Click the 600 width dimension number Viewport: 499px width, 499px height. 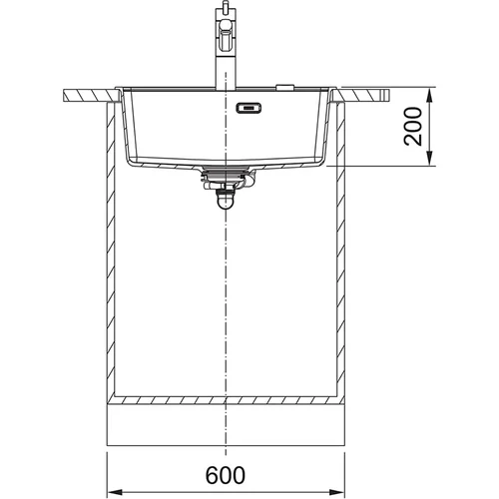tap(226, 475)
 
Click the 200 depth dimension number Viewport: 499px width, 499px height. tap(413, 126)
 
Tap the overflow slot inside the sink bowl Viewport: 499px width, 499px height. tap(249, 109)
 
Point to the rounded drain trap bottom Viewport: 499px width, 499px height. tap(226, 203)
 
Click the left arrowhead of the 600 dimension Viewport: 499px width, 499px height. tap(115, 492)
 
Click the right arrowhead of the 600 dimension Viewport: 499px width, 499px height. tap(336, 492)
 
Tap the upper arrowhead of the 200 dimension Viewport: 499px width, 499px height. tap(430, 96)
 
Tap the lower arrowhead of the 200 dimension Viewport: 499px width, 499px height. tap(430, 158)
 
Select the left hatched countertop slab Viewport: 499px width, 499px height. tap(89, 95)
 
